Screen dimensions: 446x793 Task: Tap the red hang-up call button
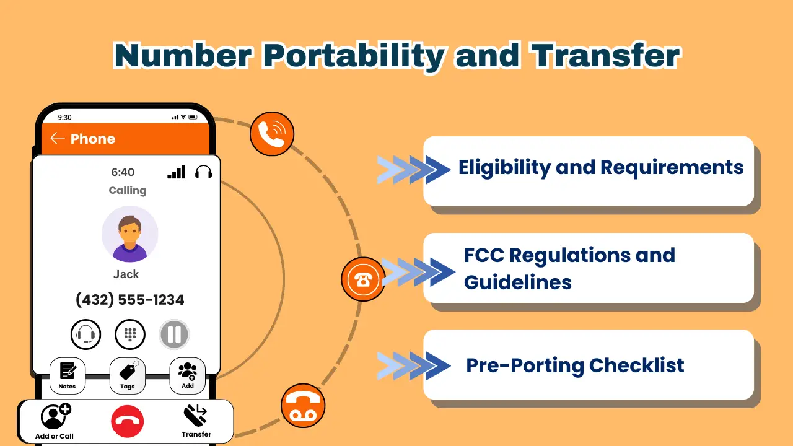[127, 422]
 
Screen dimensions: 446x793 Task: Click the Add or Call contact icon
[55, 416]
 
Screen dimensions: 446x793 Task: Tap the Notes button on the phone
[67, 375]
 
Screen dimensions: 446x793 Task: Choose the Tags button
[127, 375]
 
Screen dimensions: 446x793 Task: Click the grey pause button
[174, 335]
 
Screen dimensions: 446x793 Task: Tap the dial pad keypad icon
[130, 335]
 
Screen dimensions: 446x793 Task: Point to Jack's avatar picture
[129, 234]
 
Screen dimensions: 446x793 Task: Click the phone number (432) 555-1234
[129, 300]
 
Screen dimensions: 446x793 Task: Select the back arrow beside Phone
[58, 138]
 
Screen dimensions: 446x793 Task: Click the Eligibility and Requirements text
[600, 168]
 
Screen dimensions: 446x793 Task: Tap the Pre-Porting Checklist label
[575, 365]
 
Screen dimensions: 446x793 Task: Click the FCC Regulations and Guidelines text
[569, 268]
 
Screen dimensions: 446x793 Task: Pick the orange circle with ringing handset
[271, 134]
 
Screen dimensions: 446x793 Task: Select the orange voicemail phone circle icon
[303, 406]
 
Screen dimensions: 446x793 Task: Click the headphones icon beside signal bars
[203, 172]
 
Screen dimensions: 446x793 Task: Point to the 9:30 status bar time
[64, 117]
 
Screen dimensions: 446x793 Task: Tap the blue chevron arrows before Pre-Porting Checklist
[413, 365]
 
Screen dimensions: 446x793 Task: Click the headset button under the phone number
[85, 335]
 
